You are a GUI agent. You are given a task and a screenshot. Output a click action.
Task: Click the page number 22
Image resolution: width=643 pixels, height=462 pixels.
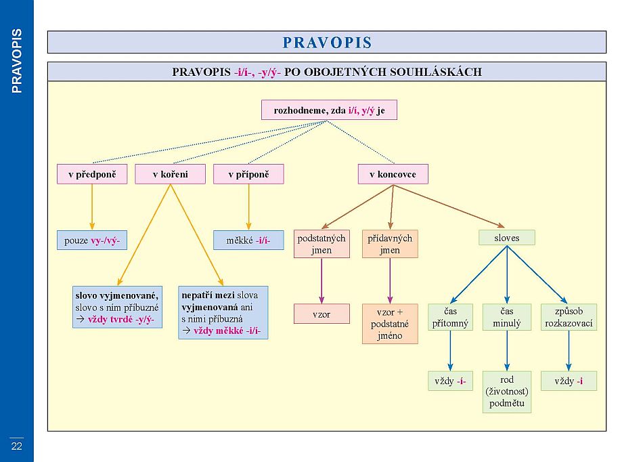coord(16,445)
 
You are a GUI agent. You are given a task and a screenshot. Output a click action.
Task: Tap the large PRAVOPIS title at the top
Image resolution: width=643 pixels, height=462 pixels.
coord(327,43)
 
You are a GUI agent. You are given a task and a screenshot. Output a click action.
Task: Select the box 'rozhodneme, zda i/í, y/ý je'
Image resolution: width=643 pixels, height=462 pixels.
coord(329,110)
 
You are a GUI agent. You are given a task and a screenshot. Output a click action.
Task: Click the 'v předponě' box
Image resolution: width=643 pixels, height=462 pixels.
coord(92,175)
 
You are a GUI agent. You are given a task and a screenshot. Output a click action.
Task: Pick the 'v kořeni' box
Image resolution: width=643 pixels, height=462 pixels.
coord(170,175)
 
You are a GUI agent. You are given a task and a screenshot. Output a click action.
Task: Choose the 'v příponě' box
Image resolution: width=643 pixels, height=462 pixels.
coord(248,175)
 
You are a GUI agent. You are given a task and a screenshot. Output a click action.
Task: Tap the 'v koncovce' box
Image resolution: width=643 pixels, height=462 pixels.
coord(393,175)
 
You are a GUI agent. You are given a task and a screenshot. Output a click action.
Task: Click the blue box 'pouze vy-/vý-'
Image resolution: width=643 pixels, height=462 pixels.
coord(91,240)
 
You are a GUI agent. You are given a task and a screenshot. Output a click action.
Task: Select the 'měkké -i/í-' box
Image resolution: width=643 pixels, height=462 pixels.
coord(248,240)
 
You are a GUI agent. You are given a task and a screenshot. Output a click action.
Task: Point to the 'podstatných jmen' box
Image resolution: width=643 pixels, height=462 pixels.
coord(321,244)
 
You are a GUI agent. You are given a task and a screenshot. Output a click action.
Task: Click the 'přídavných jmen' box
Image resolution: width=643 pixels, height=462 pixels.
coord(390,244)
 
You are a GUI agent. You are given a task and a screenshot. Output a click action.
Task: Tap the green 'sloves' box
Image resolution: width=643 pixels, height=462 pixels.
coord(507,237)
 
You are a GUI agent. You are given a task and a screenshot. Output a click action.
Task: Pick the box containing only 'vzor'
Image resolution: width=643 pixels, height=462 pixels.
coord(321,314)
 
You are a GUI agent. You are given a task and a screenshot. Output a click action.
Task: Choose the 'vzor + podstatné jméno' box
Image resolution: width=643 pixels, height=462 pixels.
coord(390,324)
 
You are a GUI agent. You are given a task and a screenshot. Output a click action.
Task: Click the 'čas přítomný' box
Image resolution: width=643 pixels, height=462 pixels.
coord(450,317)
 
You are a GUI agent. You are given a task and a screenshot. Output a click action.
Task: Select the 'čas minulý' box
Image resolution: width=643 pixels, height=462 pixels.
coord(507,317)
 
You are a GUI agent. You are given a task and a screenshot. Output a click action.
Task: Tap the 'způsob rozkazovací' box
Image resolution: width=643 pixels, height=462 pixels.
coord(569,317)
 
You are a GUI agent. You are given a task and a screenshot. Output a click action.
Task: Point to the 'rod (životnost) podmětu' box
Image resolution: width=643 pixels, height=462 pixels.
coord(507,392)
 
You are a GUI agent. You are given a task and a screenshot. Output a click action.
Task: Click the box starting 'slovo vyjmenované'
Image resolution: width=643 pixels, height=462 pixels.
coord(118,307)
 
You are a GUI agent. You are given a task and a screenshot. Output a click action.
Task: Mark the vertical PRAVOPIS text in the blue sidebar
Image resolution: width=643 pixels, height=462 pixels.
coord(17,60)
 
